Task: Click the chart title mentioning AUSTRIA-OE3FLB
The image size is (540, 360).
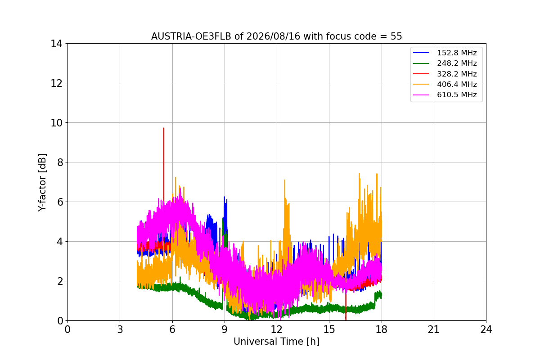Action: pyautogui.click(x=276, y=36)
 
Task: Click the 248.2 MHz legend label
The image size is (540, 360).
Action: pyautogui.click(x=457, y=63)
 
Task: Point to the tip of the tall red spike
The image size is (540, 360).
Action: pyautogui.click(x=164, y=128)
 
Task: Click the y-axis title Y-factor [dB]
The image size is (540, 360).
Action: pyautogui.click(x=42, y=183)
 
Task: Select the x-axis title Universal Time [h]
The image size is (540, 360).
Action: pyautogui.click(x=276, y=342)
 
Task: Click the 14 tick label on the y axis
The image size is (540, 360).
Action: pyautogui.click(x=56, y=44)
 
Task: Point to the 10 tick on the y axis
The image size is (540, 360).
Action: pyautogui.click(x=56, y=123)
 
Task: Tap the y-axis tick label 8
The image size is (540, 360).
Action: pyautogui.click(x=60, y=162)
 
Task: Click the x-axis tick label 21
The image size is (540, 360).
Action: pyautogui.click(x=434, y=329)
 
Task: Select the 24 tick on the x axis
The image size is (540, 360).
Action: pyautogui.click(x=486, y=329)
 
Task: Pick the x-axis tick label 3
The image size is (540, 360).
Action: pyautogui.click(x=120, y=329)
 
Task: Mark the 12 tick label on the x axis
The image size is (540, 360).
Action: pyautogui.click(x=277, y=329)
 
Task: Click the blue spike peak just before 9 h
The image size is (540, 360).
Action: pyautogui.click(x=225, y=197)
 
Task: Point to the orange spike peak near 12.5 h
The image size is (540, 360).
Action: pyautogui.click(x=285, y=180)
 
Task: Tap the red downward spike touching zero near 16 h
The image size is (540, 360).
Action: pyautogui.click(x=346, y=320)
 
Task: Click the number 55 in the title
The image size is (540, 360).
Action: pyautogui.click(x=396, y=36)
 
